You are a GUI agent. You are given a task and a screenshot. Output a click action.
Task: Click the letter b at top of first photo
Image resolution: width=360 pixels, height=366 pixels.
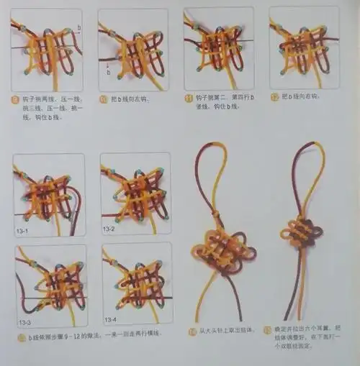click(78, 27)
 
